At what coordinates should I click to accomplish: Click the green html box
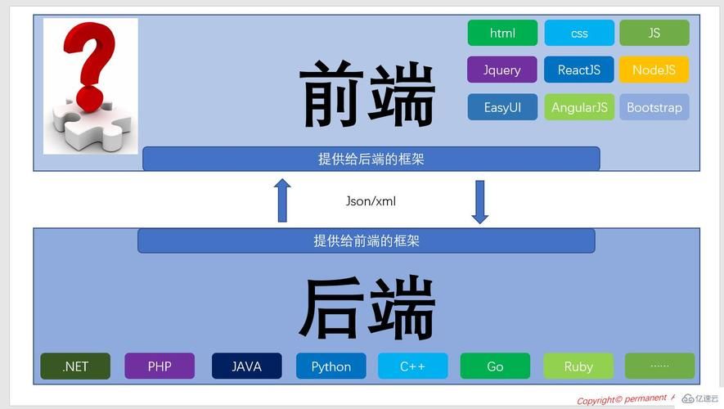click(502, 33)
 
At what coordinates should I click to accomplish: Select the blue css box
click(579, 33)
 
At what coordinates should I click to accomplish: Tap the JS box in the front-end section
click(654, 33)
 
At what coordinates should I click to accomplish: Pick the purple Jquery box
click(502, 70)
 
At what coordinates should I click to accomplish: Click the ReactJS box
click(579, 70)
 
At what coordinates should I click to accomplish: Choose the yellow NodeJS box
click(654, 70)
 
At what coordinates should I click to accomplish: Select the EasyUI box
click(502, 107)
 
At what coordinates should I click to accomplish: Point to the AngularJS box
click(579, 107)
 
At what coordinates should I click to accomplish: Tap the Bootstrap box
click(654, 107)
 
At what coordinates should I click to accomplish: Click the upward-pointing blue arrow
click(282, 200)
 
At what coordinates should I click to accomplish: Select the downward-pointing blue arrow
click(480, 201)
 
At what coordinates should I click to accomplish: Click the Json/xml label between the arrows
click(371, 200)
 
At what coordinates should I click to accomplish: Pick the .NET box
click(75, 366)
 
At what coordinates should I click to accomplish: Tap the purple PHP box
click(160, 366)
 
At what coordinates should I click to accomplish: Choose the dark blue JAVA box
click(246, 366)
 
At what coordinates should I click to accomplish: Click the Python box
click(331, 366)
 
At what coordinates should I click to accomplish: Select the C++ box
click(412, 366)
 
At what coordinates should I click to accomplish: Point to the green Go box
click(495, 366)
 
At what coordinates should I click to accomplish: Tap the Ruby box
click(578, 366)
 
